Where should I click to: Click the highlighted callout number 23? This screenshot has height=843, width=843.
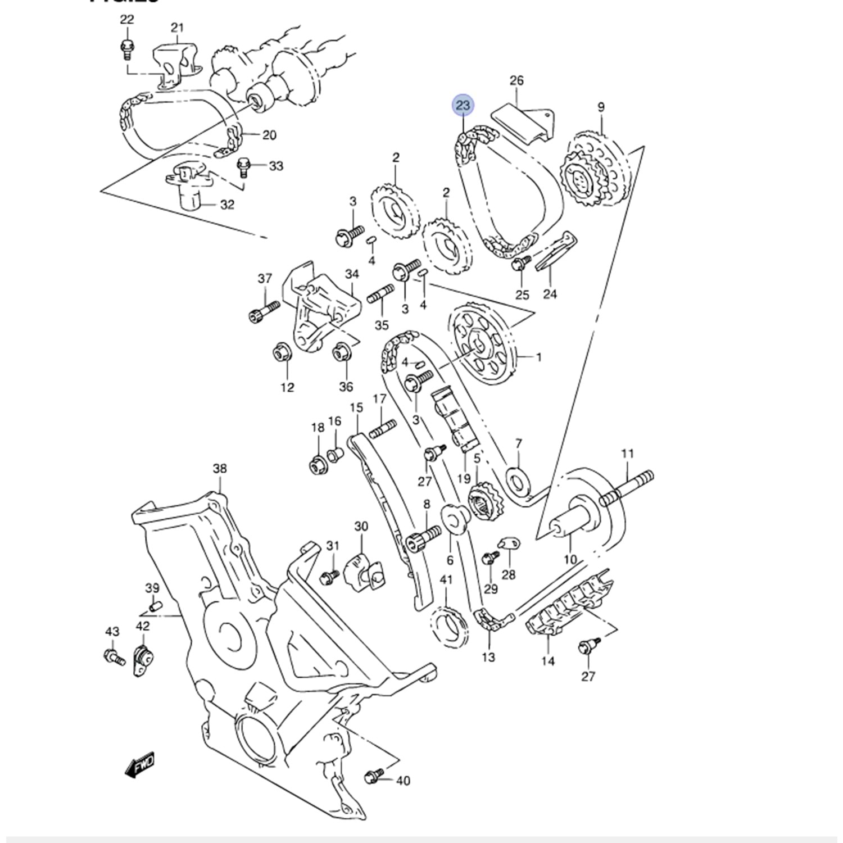463,105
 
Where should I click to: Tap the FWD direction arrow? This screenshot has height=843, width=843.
139,765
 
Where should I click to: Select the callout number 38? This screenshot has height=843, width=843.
220,468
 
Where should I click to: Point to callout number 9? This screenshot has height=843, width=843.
601,107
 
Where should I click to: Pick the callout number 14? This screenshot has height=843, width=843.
548,661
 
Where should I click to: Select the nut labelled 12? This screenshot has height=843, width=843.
279,353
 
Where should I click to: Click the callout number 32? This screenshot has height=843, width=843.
227,205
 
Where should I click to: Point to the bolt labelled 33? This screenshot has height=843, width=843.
244,167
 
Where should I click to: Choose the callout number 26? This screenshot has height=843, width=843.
516,80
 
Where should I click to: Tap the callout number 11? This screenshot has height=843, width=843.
627,454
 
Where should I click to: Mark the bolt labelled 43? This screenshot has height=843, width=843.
114,656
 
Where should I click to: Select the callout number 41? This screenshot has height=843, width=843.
446,579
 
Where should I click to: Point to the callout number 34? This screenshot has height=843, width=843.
352,274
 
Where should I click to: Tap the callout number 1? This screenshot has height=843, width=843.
538,357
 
